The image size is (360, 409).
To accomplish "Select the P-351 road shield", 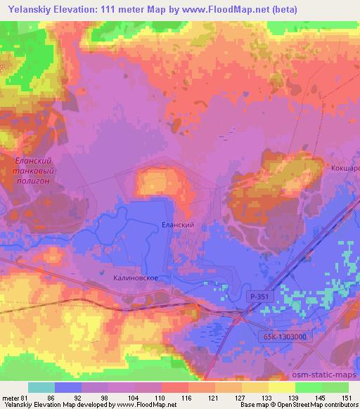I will (259, 298).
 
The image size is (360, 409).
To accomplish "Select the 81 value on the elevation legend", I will (29, 397).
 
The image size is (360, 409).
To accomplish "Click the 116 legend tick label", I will (186, 397).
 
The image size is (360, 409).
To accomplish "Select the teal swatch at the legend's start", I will (41, 387).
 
